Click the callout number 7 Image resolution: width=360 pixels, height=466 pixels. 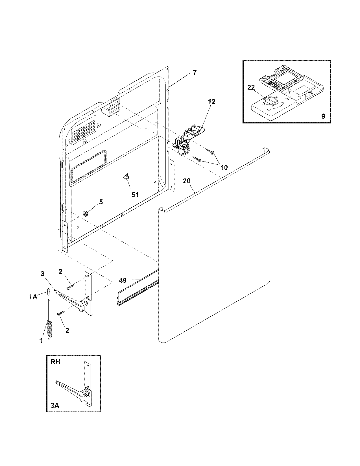pos(195,72)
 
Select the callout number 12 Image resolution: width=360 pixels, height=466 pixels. pos(211,102)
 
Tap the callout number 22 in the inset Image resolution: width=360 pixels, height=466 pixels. pos(251,88)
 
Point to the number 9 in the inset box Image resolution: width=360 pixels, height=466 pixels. pos(323,116)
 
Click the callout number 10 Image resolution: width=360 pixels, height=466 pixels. pos(224,168)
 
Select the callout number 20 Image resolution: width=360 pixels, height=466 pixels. pos(187,181)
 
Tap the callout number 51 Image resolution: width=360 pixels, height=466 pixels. pos(135,195)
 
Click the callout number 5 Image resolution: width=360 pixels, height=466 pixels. pos(101,202)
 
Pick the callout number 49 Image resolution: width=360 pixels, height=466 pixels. pos(123,280)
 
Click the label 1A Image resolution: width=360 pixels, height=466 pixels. pos(33,297)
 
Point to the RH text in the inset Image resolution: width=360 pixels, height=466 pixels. pos(56,362)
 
